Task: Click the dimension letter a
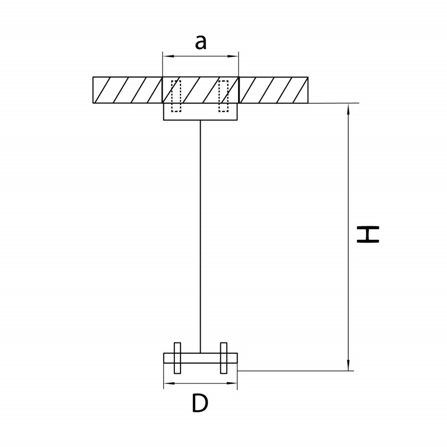point(201,43)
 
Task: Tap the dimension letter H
point(368,234)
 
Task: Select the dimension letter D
point(200,403)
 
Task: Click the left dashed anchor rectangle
point(176,96)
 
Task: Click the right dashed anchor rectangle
point(223,96)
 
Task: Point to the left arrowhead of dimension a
point(167,56)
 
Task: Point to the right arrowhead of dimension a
point(234,56)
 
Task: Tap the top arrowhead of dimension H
point(348,108)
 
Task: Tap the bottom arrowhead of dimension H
point(348,365)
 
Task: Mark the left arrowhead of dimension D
point(168,383)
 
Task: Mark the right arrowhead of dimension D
point(232,383)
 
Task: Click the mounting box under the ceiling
point(200,111)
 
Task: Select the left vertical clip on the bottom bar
point(177,358)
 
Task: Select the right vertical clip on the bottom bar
point(224,358)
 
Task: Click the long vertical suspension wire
point(200,236)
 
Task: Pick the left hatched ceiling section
point(127,90)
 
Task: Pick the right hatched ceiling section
point(273,90)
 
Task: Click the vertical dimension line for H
point(348,237)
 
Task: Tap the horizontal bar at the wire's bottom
point(201,358)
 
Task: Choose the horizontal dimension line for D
point(200,383)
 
